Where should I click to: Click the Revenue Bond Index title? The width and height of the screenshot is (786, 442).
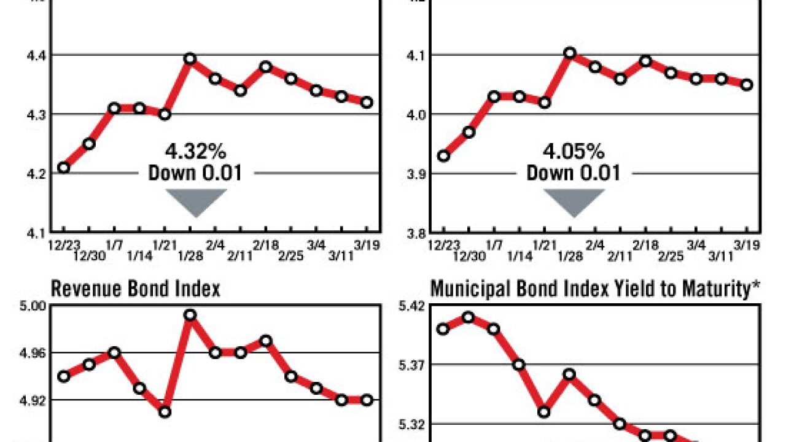[x=135, y=289]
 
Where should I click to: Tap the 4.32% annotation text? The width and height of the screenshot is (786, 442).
[x=195, y=151]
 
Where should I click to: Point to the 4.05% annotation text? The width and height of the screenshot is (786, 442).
[x=574, y=151]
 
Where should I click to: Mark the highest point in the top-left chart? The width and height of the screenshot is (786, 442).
[x=190, y=59]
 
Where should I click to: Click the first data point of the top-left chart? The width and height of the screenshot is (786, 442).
[x=63, y=167]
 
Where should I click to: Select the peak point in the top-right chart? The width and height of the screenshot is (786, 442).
[x=569, y=53]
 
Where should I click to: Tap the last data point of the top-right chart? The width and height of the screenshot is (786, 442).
[x=746, y=85]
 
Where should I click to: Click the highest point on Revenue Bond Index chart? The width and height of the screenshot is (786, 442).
[x=190, y=315]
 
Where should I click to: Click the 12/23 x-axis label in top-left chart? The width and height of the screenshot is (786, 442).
[x=63, y=244]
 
